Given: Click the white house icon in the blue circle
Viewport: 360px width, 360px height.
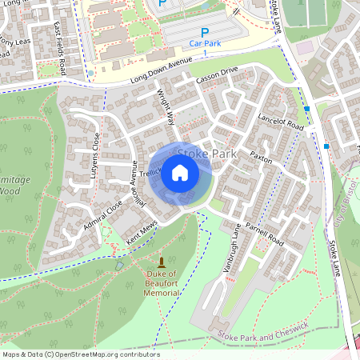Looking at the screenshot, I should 180,172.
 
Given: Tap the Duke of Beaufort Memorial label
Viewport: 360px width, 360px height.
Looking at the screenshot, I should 162,284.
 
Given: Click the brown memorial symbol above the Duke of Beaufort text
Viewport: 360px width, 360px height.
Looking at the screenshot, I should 162,263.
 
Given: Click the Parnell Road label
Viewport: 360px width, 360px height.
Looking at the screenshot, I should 265,229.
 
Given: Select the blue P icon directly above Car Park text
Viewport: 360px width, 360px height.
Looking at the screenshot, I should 204,31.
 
